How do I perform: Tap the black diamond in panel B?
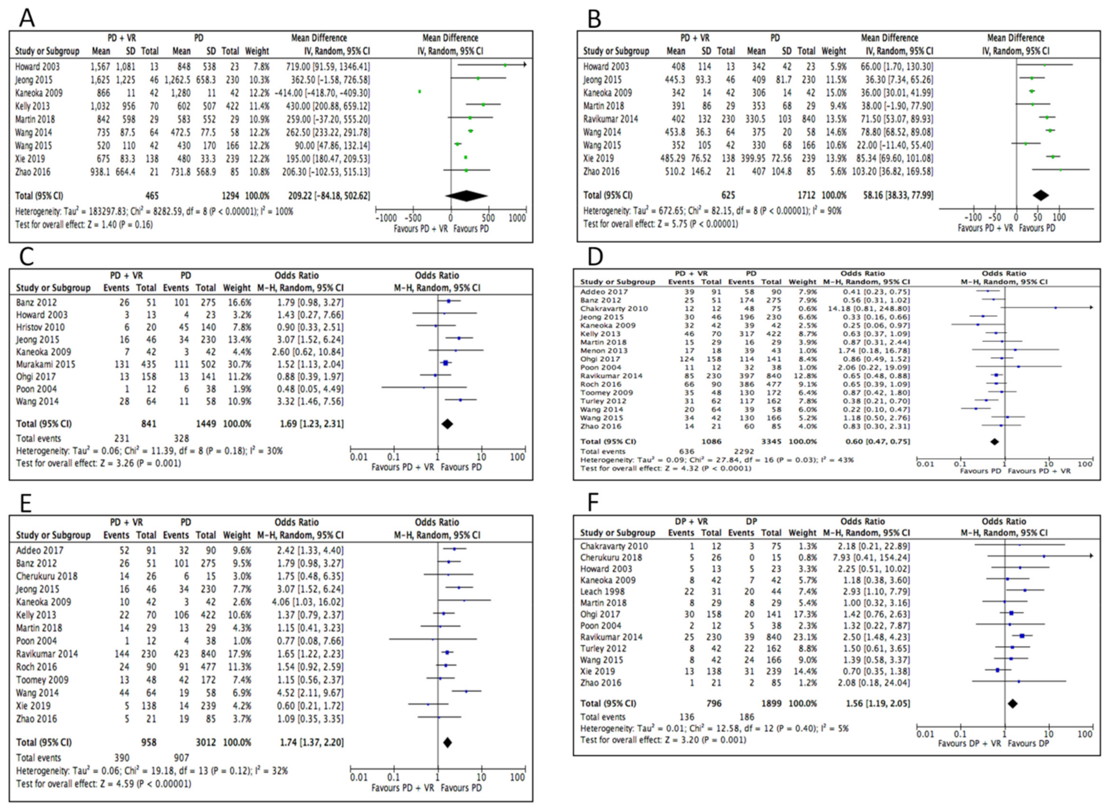[x=1041, y=195]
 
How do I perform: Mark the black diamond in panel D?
[x=994, y=442]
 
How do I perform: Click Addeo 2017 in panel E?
[x=40, y=550]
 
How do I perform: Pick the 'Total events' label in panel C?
[x=38, y=438]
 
